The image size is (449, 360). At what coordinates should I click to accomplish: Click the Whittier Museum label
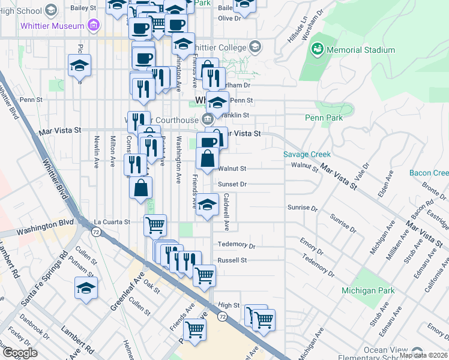[x=51, y=26]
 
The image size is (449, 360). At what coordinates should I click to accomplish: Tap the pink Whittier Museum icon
[x=93, y=26]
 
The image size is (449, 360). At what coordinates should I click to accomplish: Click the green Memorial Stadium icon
[x=318, y=49]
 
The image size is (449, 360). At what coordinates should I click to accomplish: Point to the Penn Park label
[x=324, y=118]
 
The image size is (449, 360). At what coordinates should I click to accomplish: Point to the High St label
[x=229, y=305]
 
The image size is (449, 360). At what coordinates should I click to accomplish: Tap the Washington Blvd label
[x=41, y=229]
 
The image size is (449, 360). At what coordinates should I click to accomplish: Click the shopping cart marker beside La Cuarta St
[x=155, y=225]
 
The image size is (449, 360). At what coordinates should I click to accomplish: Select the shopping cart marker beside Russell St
[x=204, y=275]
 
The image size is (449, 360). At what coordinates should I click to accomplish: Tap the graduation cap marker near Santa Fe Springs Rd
[x=86, y=287]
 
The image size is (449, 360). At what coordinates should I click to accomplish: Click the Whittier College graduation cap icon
[x=255, y=47]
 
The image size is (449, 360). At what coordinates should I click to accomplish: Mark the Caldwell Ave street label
[x=226, y=212]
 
